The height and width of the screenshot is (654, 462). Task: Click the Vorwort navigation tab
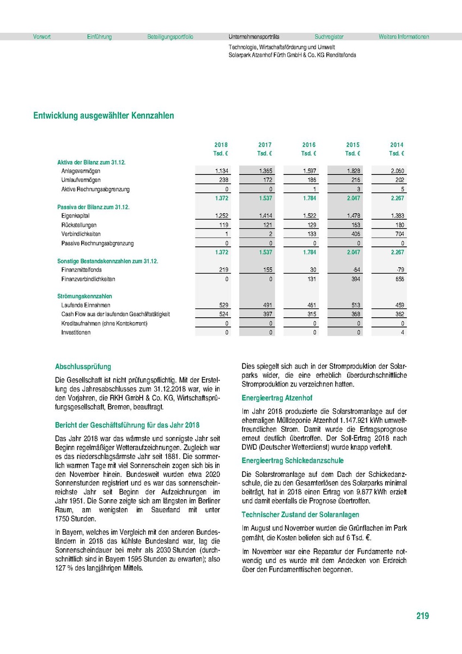[42, 37]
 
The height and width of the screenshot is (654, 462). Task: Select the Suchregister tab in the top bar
[329, 37]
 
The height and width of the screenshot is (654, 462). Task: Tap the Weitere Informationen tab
[404, 37]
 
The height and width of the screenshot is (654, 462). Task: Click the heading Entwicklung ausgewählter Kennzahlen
[104, 116]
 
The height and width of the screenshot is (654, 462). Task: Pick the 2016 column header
[309, 145]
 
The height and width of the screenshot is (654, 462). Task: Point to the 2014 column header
[397, 145]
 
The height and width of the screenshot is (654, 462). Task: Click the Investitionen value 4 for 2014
[402, 332]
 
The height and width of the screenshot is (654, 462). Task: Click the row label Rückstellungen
[80, 225]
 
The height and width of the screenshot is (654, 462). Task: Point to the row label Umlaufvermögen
[81, 180]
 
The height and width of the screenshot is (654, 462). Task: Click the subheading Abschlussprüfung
[83, 367]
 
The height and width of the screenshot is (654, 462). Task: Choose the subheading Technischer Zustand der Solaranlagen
[300, 514]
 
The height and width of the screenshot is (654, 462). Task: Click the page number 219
[422, 616]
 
